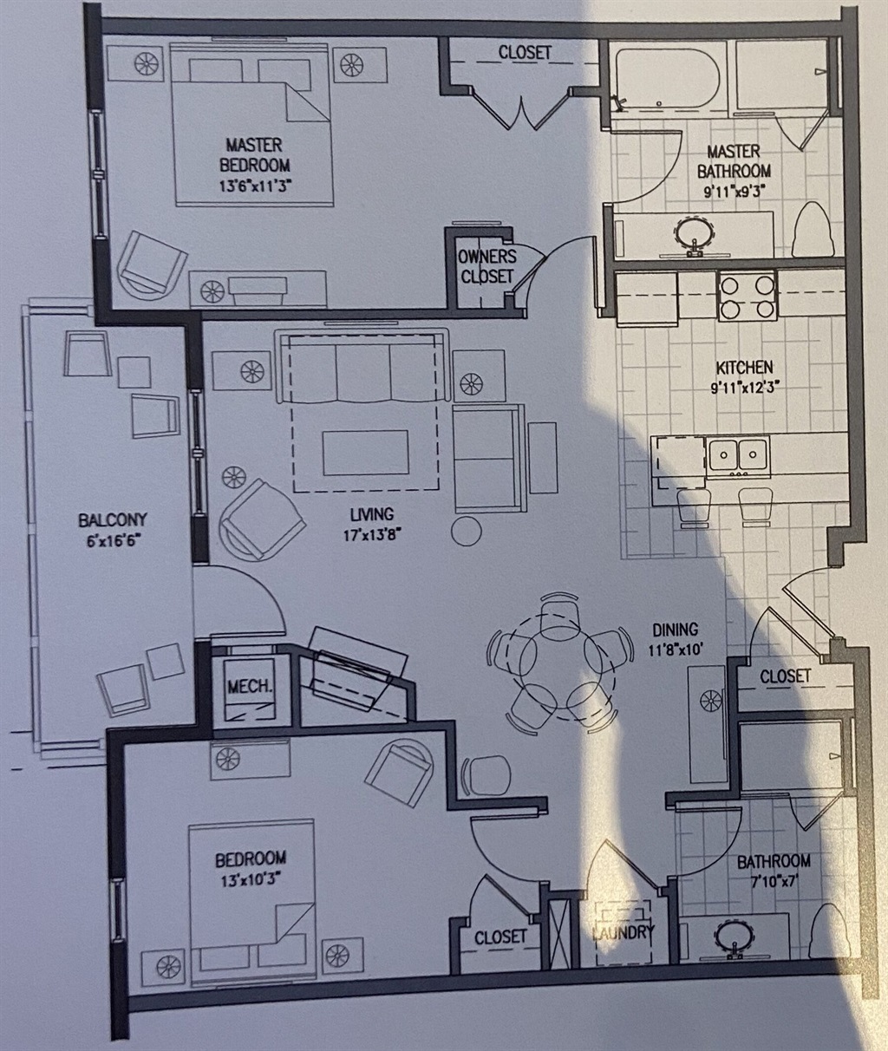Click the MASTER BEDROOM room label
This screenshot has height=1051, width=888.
point(254,155)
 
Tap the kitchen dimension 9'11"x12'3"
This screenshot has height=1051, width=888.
point(745,387)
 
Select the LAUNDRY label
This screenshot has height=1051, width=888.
point(624,933)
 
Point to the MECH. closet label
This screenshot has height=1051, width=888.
point(249,686)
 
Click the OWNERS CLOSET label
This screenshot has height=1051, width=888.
point(486,266)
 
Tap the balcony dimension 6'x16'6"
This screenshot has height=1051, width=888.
point(113,542)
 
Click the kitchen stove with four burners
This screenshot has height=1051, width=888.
point(748,296)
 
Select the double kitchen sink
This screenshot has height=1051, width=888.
point(738,456)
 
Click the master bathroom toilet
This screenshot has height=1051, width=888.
point(810,230)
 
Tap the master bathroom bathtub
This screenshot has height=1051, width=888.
point(668,79)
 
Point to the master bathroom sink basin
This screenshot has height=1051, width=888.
point(695,233)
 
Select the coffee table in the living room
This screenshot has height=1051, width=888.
point(365,453)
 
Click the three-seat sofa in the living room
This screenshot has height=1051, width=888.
point(362,366)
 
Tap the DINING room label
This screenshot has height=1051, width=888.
point(675,630)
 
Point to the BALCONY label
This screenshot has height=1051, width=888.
point(113,520)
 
